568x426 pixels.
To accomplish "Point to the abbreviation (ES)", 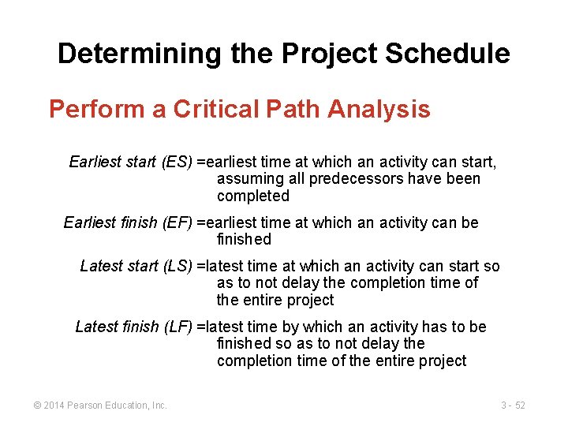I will pos(177,163).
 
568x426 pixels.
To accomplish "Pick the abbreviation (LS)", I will pos(177,267).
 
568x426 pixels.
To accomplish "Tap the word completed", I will pos(252,196).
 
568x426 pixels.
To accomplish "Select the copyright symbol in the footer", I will pos(37,405).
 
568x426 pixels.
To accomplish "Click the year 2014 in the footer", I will pos(54,405).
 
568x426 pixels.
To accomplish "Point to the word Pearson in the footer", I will pos(85,405).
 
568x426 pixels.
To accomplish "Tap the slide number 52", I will pos(520,405).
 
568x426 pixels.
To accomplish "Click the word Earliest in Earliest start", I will pos(95,163).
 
